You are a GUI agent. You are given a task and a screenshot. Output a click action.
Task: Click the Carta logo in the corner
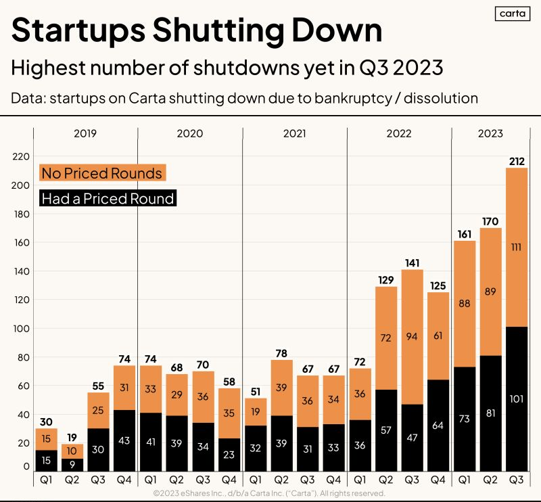[513, 14]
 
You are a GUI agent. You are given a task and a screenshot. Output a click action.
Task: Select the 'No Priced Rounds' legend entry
[102, 173]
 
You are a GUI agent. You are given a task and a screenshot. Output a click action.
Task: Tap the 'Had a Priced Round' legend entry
[108, 199]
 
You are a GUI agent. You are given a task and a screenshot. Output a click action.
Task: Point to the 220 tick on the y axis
[20, 156]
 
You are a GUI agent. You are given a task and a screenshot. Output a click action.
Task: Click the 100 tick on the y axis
[20, 328]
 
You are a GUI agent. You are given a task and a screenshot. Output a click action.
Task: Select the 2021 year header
[294, 133]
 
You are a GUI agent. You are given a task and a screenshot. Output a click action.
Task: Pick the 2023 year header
[490, 133]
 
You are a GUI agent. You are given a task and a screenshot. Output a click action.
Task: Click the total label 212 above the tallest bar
[517, 161]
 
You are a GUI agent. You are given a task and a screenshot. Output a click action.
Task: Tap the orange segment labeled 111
[517, 248]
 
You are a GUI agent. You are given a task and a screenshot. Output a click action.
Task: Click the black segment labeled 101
[517, 399]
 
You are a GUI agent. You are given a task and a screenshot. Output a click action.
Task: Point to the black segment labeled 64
[438, 426]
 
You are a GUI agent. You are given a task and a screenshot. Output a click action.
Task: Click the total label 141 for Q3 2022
[412, 263]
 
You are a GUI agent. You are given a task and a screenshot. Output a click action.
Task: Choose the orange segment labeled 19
[255, 412]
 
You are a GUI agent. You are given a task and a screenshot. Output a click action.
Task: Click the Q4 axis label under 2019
[124, 480]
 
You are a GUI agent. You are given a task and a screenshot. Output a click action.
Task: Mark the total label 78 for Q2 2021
[281, 353]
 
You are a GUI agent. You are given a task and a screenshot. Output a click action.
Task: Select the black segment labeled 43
[124, 440]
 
